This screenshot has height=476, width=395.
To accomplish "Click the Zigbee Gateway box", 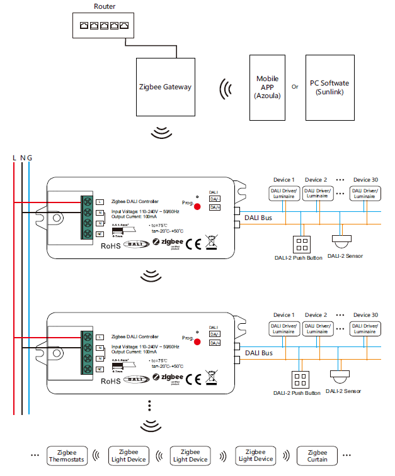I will click(x=165, y=87).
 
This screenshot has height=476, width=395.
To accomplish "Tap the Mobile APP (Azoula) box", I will click(x=267, y=87).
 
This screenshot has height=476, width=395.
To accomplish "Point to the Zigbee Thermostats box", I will click(x=67, y=456).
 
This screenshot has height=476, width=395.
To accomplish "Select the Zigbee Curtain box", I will click(x=318, y=456).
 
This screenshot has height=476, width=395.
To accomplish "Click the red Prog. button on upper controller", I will click(x=197, y=206).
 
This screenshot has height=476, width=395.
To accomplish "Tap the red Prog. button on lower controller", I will click(x=197, y=342).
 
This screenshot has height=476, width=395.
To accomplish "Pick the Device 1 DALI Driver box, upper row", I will click(x=283, y=194).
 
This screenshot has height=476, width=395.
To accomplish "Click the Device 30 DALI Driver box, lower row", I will click(x=365, y=329).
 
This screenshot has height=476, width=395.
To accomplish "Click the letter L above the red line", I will click(x=14, y=157).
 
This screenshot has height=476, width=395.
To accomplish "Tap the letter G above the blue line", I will click(x=29, y=157).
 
